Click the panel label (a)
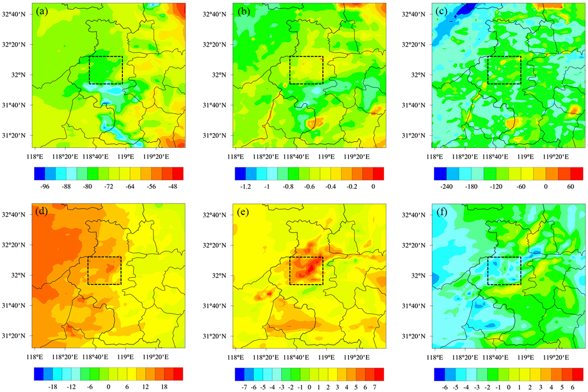coord(42,12)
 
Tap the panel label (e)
coord(243,212)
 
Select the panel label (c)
coord(442,12)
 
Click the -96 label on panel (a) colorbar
coord(45,186)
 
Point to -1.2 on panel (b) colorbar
coord(245,186)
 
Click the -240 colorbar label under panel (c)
coord(446,186)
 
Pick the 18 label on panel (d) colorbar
coord(164,387)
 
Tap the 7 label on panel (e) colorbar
coord(374,387)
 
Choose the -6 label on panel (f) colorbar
coord(445,387)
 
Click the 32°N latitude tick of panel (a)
coord(19,75)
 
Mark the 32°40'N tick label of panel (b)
coord(214,14)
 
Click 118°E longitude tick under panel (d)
coord(35,357)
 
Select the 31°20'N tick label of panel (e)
coord(214,336)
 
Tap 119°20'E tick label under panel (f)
coord(556,357)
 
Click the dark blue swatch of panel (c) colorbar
coord(440,174)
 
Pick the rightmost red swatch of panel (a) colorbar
coord(178,174)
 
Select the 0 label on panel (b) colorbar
coord(373,186)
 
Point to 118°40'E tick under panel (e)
coord(296,357)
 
